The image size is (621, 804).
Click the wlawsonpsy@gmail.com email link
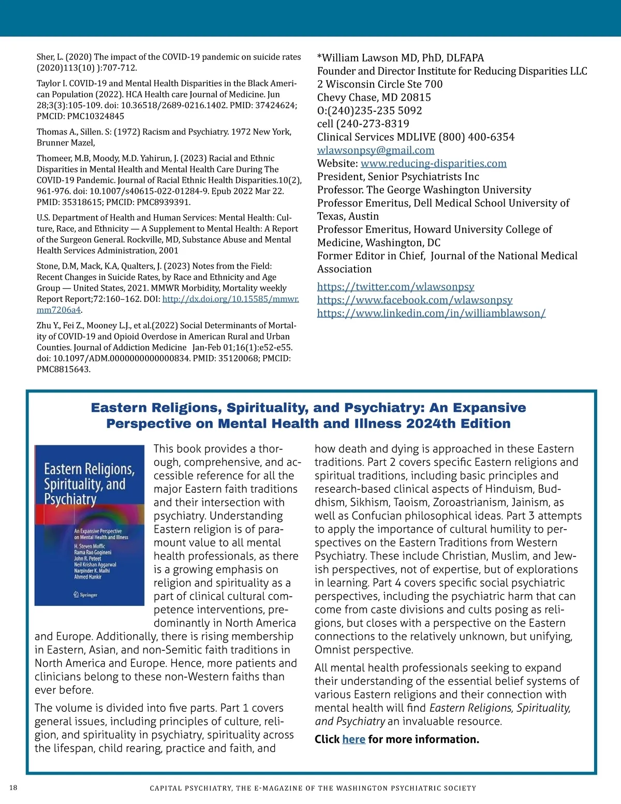pyautogui.click(x=375, y=150)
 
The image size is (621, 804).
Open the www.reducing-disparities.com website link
pyautogui.click(x=433, y=164)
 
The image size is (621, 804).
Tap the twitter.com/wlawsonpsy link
pyautogui.click(x=395, y=287)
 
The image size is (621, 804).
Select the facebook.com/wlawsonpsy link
pyautogui.click(x=415, y=300)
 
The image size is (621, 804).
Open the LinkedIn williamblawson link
pyautogui.click(x=431, y=313)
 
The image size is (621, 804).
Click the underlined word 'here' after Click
pyautogui.click(x=353, y=739)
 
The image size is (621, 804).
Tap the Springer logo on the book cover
pyautogui.click(x=85, y=595)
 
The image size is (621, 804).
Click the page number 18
pyautogui.click(x=13, y=788)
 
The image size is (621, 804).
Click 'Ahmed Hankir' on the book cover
pyautogui.click(x=87, y=577)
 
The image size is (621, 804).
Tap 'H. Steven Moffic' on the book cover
pyautogui.click(x=90, y=546)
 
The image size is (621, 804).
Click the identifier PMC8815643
pyautogui.click(x=63, y=370)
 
